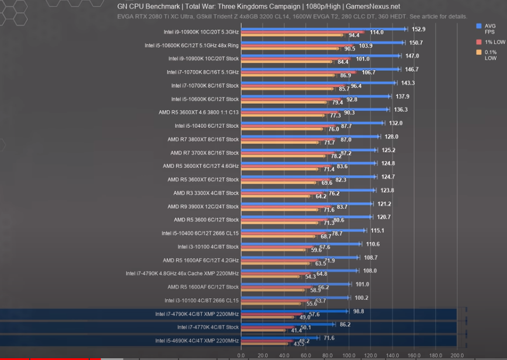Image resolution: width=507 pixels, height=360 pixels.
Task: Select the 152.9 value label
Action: click(x=418, y=29)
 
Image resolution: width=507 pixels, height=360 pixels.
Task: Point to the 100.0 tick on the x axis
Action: click(x=349, y=355)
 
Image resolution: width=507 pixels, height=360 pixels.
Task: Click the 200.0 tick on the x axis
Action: click(x=457, y=355)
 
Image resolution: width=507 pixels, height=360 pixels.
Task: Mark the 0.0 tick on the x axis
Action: click(x=241, y=355)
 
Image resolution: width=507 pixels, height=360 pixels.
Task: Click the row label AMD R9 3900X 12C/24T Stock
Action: click(x=202, y=207)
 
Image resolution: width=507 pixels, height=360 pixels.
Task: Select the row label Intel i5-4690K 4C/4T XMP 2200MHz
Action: click(x=197, y=341)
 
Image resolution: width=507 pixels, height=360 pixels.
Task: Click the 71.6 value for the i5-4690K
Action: click(x=330, y=338)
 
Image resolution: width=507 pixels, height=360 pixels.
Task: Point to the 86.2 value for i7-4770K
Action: click(x=345, y=324)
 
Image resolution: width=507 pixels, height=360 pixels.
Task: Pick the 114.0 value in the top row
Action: click(x=376, y=32)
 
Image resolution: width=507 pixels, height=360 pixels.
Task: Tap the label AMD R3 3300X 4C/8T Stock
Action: click(x=205, y=193)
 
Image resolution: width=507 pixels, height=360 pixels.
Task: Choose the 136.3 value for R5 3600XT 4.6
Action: click(x=401, y=109)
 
